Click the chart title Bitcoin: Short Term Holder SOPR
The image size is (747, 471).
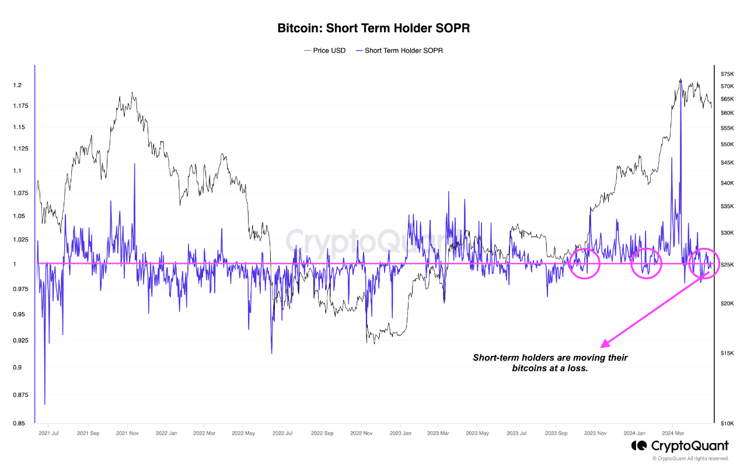click(373, 28)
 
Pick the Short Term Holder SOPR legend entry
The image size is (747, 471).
click(403, 51)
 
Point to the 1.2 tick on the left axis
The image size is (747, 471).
click(18, 85)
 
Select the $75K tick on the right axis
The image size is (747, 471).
click(727, 74)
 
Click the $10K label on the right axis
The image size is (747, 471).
click(727, 423)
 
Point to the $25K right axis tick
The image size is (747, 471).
click(727, 265)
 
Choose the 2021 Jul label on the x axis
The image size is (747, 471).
click(48, 434)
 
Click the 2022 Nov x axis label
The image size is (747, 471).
click(361, 434)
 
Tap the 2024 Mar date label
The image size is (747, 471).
click(673, 434)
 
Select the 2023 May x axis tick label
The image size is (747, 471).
click(478, 434)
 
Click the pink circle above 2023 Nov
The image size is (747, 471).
click(584, 263)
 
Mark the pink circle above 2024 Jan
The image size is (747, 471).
click(646, 263)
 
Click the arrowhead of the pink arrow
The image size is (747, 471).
click(603, 345)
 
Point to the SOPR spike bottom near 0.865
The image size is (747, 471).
click(45, 403)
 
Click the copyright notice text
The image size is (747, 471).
click(690, 459)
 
